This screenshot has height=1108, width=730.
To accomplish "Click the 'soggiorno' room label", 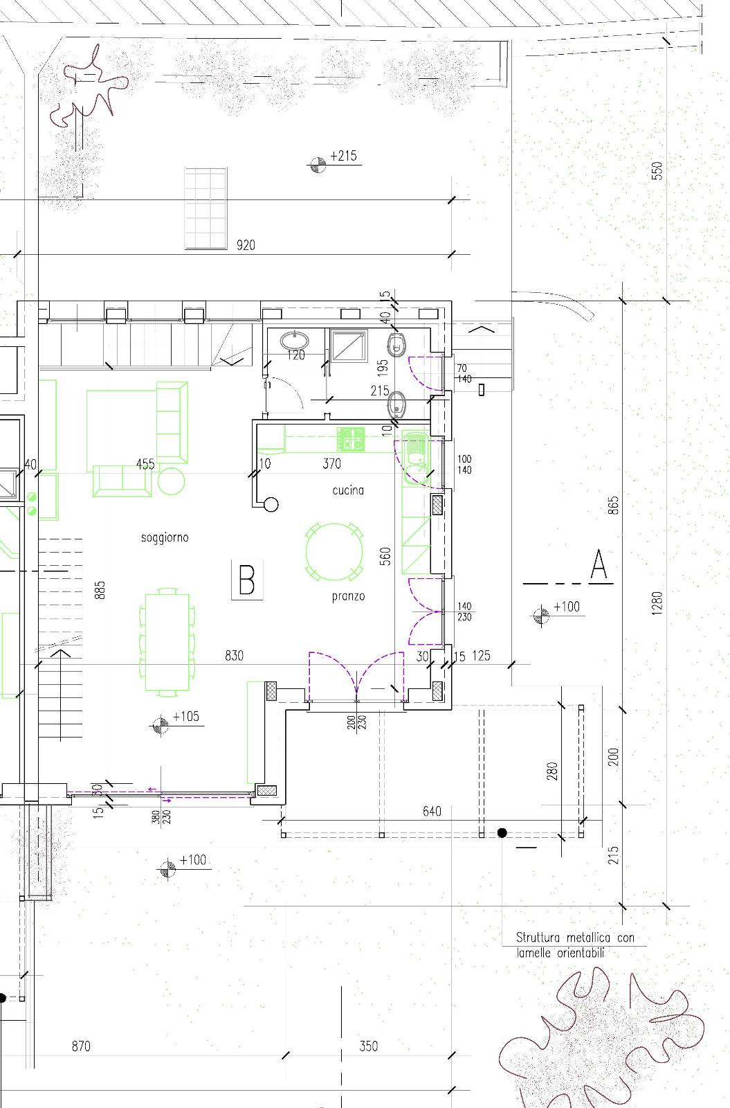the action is tap(165, 537).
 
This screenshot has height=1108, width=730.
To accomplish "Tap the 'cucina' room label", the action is tap(348, 490).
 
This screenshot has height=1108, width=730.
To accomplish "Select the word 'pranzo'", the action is tap(349, 596).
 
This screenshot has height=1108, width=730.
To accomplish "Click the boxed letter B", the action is tap(246, 579).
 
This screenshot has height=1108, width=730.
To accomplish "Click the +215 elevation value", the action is tap(343, 157).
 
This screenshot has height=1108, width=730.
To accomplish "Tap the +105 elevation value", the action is tap(186, 717).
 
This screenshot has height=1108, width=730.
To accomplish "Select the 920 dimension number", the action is tap(246, 245).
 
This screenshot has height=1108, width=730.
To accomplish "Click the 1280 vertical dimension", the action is tap(657, 603).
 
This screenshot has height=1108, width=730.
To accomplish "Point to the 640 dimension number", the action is tap(432, 811).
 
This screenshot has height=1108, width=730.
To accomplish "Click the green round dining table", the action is tap(335, 551).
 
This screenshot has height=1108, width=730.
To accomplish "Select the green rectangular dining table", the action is tap(167, 642).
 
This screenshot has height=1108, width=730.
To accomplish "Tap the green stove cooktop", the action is tap(351, 439).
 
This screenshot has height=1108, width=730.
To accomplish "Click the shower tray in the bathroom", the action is tap(349, 346).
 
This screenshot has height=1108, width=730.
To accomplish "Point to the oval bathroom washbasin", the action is tap(295, 341).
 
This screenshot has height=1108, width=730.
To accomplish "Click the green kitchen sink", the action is tap(416, 457).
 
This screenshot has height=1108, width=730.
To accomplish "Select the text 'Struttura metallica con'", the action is tap(575, 938).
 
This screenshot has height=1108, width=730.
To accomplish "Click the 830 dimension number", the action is tap(234, 656).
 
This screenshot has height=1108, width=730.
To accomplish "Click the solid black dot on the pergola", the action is tap(502, 833).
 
